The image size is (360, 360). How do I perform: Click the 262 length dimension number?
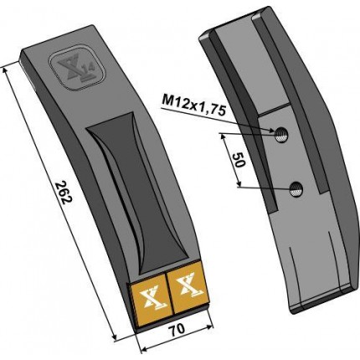tap(64, 193)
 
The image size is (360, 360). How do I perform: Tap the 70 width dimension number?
tap(177, 330)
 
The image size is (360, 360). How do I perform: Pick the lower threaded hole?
tap(296, 189)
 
